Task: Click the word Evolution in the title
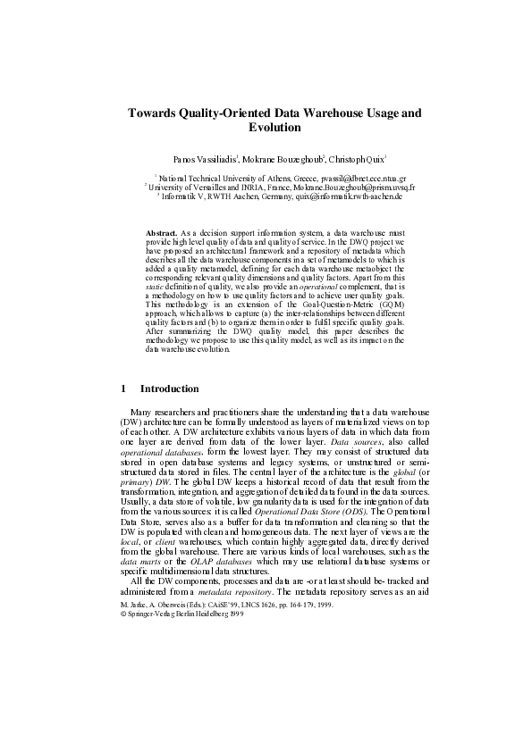[x=266, y=128]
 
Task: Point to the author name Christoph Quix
[x=355, y=158]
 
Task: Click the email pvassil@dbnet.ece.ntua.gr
[x=356, y=179]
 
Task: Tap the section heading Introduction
[x=170, y=389]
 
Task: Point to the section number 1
[x=122, y=389]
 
